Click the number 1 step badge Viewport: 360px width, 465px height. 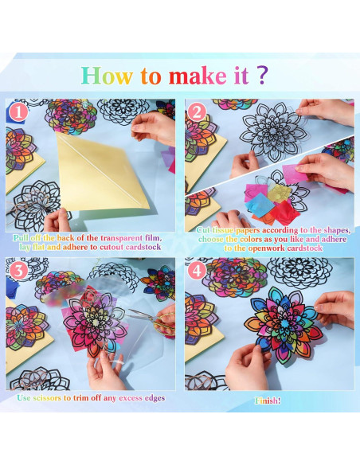click(x=18, y=112)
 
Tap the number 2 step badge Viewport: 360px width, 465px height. click(x=197, y=112)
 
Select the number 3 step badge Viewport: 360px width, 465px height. click(x=18, y=271)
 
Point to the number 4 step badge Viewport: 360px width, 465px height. click(x=197, y=271)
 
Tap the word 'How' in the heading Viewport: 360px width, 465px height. click(x=107, y=76)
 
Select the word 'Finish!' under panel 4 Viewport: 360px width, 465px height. click(x=268, y=401)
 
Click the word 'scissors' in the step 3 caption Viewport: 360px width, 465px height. click(x=47, y=397)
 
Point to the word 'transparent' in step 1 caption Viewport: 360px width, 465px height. click(x=122, y=238)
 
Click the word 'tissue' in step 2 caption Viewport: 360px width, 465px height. click(x=223, y=230)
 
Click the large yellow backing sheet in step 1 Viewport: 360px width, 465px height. click(x=101, y=171)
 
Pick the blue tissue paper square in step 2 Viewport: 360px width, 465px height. click(x=259, y=205)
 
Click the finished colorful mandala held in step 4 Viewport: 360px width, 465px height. click(x=284, y=325)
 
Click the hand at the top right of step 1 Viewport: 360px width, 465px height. click(x=155, y=128)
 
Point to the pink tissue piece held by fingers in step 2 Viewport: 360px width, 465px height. click(x=294, y=174)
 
